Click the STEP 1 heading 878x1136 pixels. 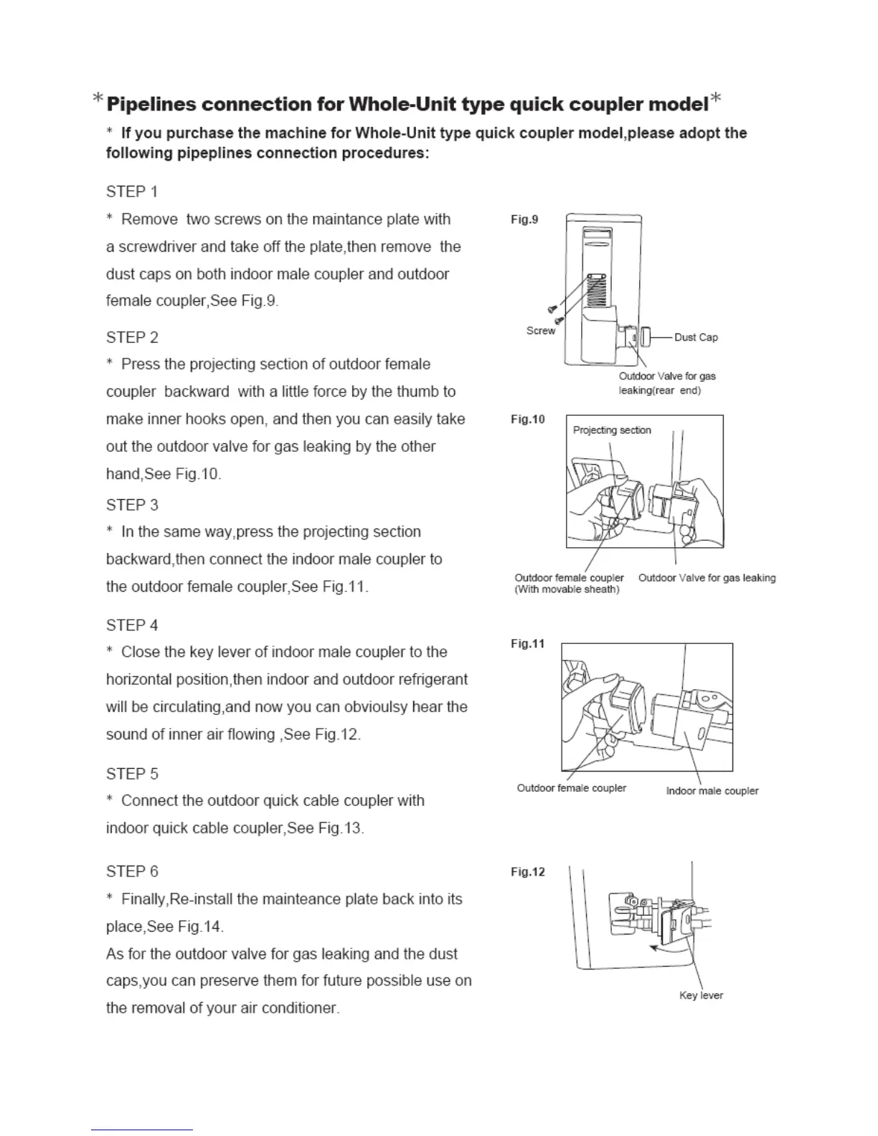pos(132,191)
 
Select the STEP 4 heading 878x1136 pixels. pos(132,625)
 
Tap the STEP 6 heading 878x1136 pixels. pos(132,871)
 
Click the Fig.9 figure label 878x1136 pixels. pos(524,219)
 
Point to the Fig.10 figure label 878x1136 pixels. pos(528,419)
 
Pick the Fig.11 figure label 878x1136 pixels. pos(528,643)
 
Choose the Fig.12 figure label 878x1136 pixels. pos(528,872)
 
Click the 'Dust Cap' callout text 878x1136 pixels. pos(696,337)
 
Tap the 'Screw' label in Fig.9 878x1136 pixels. pos(541,331)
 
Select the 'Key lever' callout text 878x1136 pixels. pos(701,995)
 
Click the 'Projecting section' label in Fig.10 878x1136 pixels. pos(612,430)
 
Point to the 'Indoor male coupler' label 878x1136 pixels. pos(712,791)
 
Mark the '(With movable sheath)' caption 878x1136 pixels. pos(567,590)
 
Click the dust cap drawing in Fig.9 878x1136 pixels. pos(645,336)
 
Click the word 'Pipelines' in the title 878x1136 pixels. pos(151,105)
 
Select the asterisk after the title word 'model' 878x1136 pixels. pos(715,100)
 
